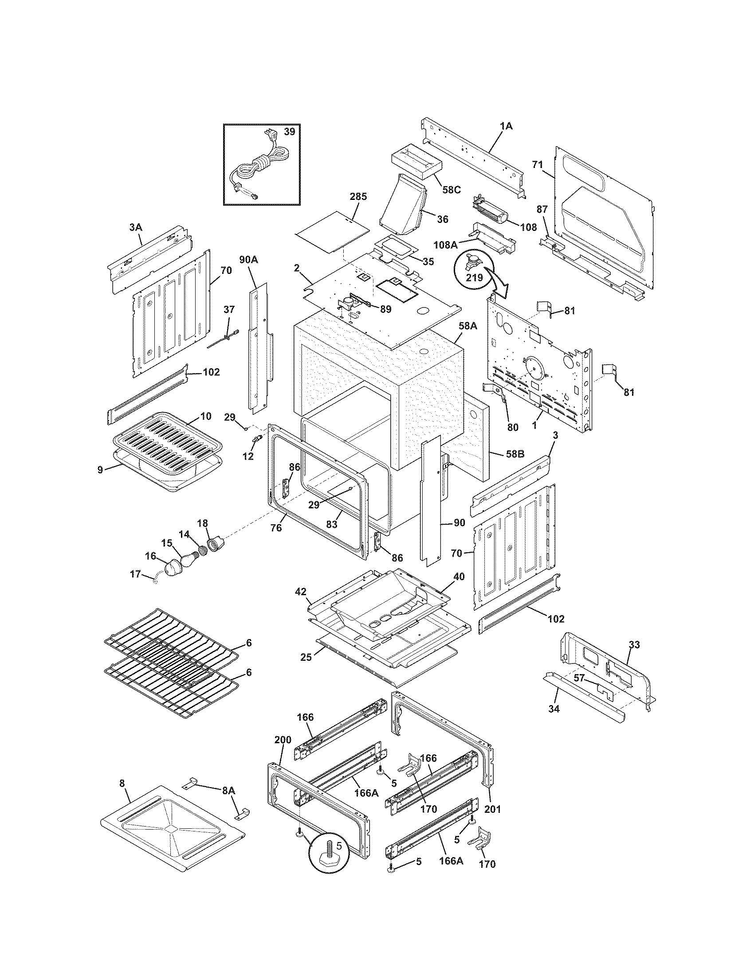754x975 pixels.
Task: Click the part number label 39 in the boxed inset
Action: point(290,132)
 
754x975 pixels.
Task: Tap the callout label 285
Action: point(358,196)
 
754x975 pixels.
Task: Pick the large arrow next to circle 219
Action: point(499,285)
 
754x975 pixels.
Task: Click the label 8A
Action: point(228,790)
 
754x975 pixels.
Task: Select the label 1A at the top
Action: point(506,126)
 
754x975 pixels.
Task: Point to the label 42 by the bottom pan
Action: point(301,592)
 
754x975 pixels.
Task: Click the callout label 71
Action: point(538,165)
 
